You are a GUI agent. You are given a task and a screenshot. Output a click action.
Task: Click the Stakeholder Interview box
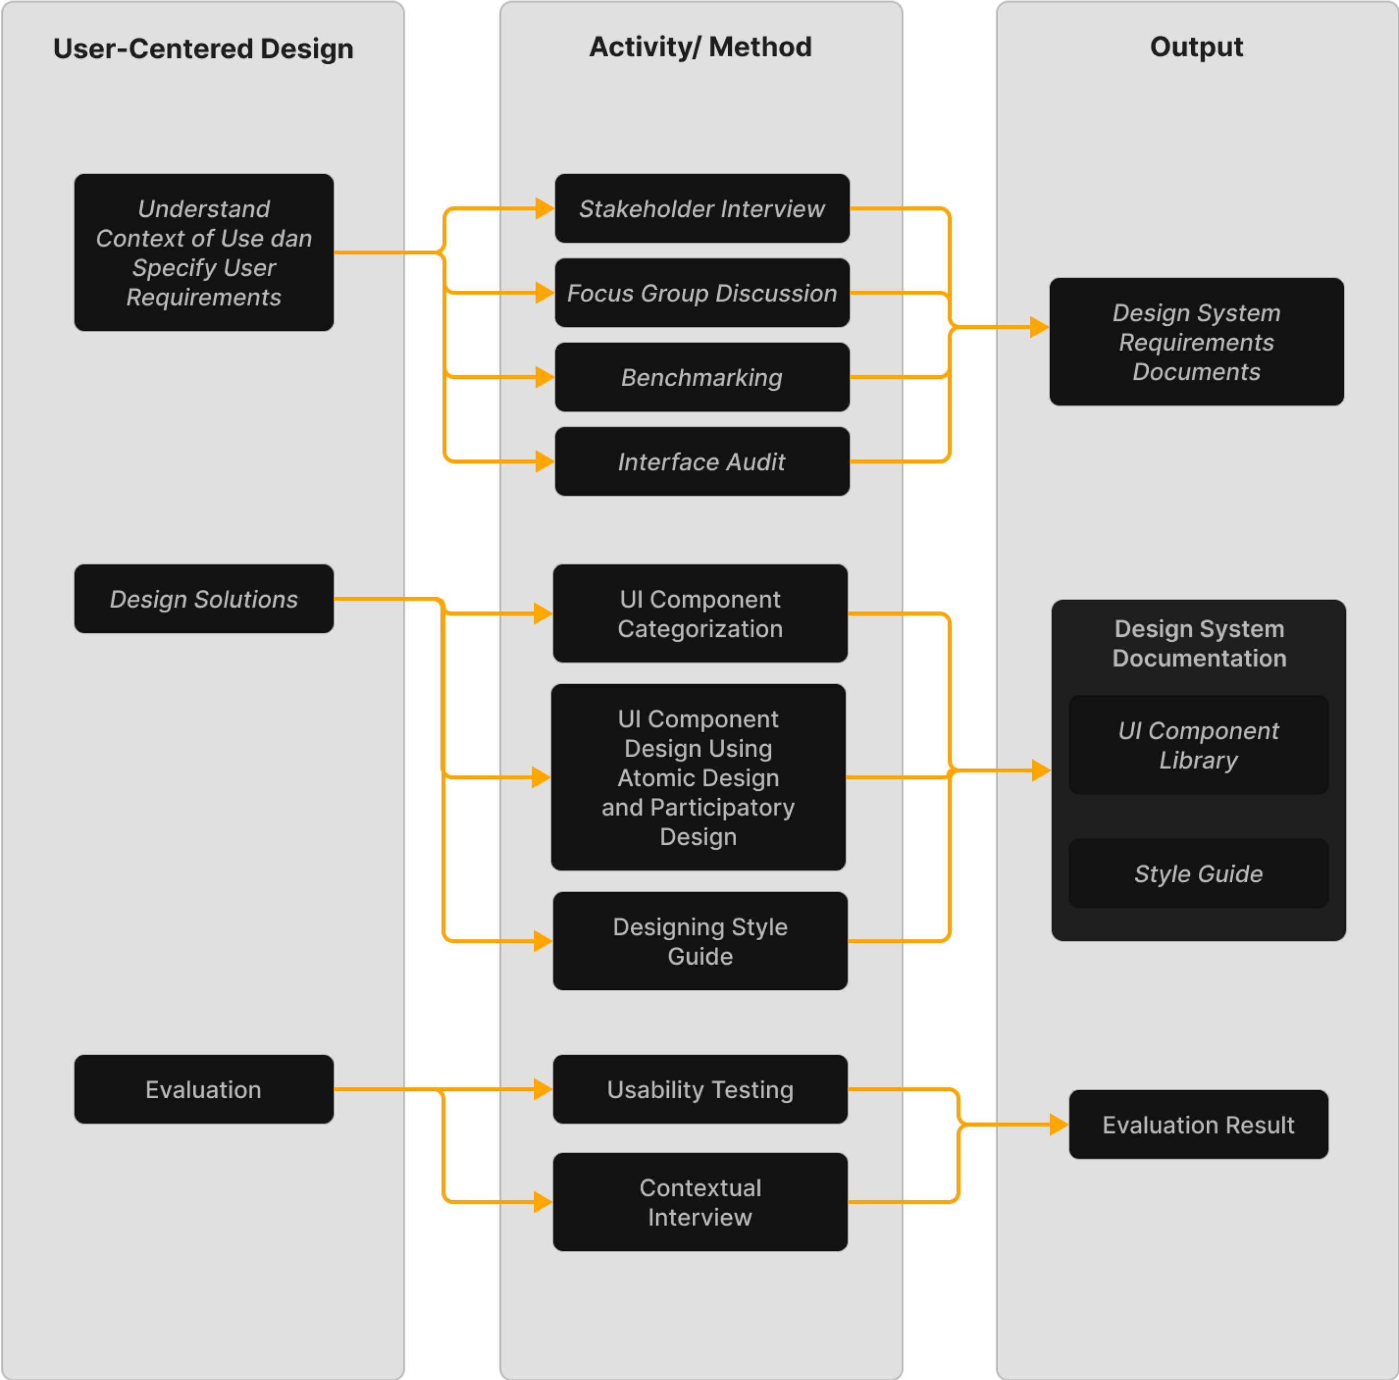tap(702, 208)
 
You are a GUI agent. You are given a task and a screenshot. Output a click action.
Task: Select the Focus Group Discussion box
tap(702, 293)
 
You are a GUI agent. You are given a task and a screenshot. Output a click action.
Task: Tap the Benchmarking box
tap(702, 377)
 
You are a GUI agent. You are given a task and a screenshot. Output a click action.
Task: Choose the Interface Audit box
tap(702, 462)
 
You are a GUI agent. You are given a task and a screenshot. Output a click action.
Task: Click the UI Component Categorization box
tap(699, 614)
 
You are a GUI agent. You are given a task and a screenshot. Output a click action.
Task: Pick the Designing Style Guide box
tap(699, 941)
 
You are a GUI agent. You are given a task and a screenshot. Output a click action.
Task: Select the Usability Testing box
tap(699, 1090)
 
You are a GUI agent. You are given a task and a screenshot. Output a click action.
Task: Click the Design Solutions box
tap(203, 599)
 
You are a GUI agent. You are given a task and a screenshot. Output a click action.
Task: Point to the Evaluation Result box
tap(1198, 1125)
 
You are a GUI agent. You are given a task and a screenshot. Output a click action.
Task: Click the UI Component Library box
tap(1198, 745)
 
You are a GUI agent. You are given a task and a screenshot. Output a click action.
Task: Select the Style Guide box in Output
tap(1198, 874)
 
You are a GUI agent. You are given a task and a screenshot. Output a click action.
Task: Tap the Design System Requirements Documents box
tap(1196, 342)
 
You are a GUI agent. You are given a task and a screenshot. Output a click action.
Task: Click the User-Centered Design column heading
tap(203, 48)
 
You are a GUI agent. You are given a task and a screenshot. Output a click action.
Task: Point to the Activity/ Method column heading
tap(700, 47)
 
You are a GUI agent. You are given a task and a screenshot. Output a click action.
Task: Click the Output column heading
tap(1196, 47)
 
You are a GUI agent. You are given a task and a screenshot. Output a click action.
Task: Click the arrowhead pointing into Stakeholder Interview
tap(545, 208)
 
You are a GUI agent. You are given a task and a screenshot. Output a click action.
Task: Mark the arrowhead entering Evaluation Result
tap(1059, 1125)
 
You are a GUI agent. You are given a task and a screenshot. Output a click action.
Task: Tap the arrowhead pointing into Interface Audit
tap(545, 462)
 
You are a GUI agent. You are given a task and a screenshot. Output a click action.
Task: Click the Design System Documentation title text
tap(1199, 643)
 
